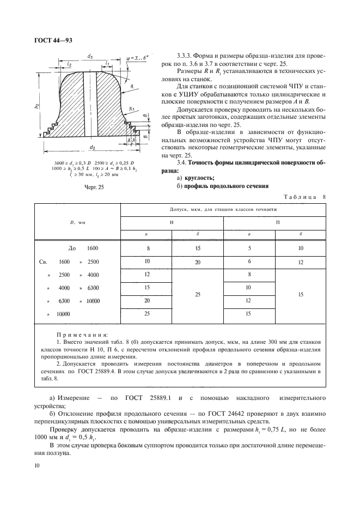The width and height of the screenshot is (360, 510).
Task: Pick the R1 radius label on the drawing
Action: [x=131, y=110]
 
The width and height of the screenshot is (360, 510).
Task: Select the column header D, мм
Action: [x=77, y=222]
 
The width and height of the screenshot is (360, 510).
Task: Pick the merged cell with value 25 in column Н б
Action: [x=198, y=294]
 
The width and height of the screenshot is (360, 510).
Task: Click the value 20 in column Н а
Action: [x=147, y=300]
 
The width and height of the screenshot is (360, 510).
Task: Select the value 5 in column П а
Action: [x=249, y=248]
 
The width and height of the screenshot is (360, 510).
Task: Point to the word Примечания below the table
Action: [x=82, y=334]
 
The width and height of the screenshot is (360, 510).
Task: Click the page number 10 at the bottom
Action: [x=36, y=465]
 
